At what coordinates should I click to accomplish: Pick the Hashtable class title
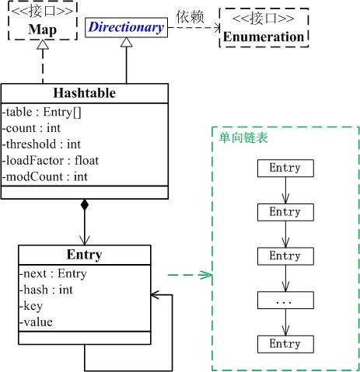point(85,93)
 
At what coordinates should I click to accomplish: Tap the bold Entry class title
point(84,254)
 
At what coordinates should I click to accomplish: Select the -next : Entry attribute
point(53,273)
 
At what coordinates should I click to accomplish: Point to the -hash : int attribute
point(46,289)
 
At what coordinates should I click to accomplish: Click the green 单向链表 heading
point(239,137)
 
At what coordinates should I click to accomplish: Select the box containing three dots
point(284,299)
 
